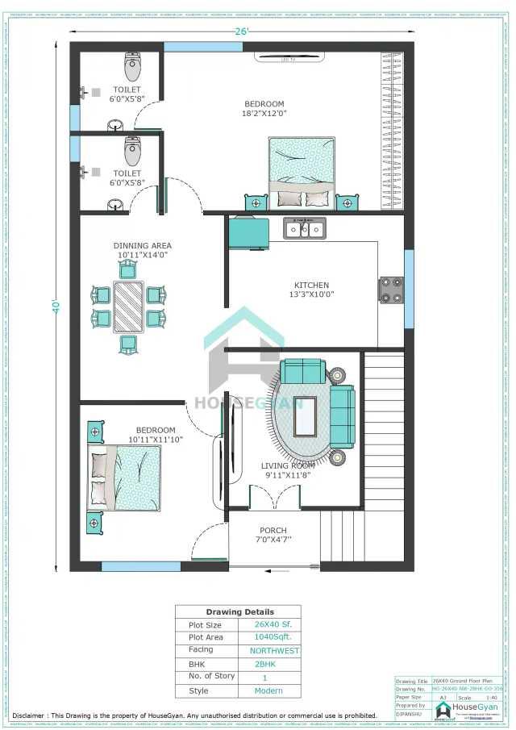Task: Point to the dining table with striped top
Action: pos(128,307)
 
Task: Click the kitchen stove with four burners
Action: pos(391,290)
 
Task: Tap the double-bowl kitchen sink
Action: pos(304,229)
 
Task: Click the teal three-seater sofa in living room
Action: pos(342,415)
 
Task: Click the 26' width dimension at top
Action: pos(242,31)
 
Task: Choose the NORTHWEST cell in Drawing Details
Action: pos(273,650)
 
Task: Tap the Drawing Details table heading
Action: pos(239,611)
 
